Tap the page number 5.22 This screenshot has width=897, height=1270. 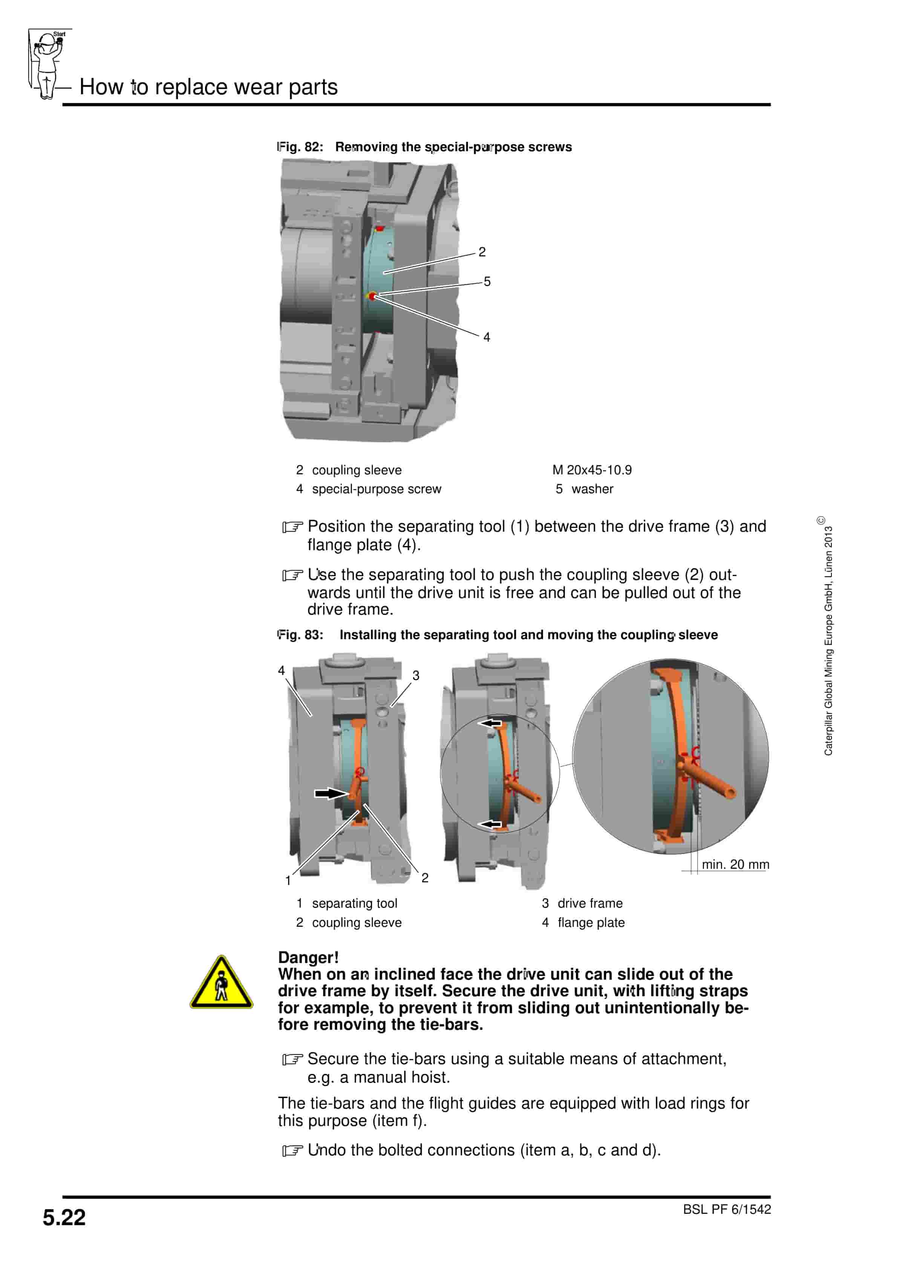[x=64, y=1218]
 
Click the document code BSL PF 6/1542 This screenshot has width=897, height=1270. [x=726, y=1209]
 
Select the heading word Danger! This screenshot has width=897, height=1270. [x=308, y=957]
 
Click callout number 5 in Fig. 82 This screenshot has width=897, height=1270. [x=487, y=282]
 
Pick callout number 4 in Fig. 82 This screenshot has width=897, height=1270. [x=487, y=337]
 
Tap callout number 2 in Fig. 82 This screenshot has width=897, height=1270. [x=482, y=252]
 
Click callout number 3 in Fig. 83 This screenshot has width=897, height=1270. [x=416, y=675]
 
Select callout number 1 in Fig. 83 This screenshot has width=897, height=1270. [x=288, y=880]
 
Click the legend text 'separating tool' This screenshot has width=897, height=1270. [x=355, y=903]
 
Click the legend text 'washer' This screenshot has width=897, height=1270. [x=592, y=489]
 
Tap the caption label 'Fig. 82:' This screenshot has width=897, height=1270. [x=300, y=147]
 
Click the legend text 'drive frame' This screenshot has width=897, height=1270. [x=589, y=903]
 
